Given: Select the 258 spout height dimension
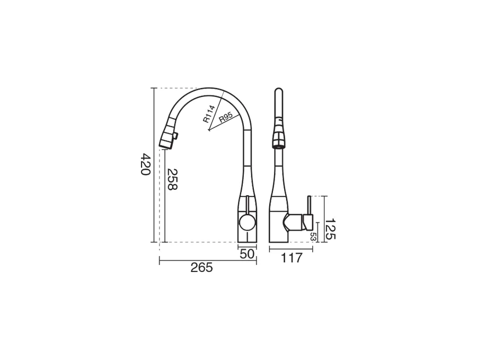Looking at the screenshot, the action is pyautogui.click(x=172, y=180).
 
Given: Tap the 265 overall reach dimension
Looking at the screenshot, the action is pyautogui.click(x=202, y=268).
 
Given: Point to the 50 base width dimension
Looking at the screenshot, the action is pyautogui.click(x=246, y=254).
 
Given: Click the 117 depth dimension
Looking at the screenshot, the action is pyautogui.click(x=291, y=258).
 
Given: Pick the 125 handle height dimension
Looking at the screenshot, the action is pyautogui.click(x=330, y=229).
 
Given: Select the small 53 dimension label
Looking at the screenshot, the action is pyautogui.click(x=312, y=237).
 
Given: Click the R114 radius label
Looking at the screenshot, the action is pyautogui.click(x=209, y=114).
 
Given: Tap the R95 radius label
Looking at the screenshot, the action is pyautogui.click(x=226, y=117).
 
